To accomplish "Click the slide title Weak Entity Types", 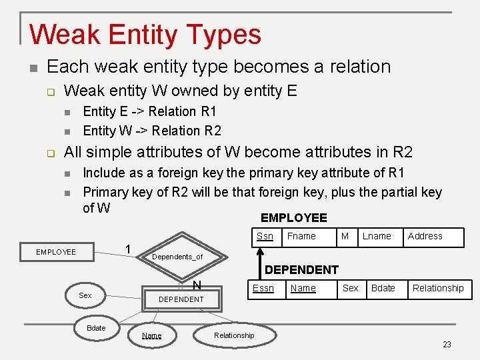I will pyautogui.click(x=145, y=34).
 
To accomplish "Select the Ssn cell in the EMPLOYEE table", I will pyautogui.click(x=265, y=237).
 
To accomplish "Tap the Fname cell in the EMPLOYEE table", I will pyautogui.click(x=301, y=237).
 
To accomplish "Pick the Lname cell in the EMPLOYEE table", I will pyautogui.click(x=377, y=237).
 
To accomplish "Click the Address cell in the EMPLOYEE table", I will pyautogui.click(x=425, y=237).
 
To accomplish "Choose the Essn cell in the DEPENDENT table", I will pyautogui.click(x=263, y=289).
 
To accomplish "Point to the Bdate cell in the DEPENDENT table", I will pyautogui.click(x=383, y=289).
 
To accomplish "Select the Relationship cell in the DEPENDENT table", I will pyautogui.click(x=438, y=289).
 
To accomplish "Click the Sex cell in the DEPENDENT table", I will pyautogui.click(x=350, y=289).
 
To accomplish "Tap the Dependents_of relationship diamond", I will pyautogui.click(x=177, y=256).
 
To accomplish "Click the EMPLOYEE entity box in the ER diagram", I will pyautogui.click(x=56, y=252).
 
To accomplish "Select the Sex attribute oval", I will pyautogui.click(x=85, y=295).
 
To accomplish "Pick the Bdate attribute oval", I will pyautogui.click(x=96, y=328).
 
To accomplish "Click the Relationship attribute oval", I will pyautogui.click(x=234, y=335).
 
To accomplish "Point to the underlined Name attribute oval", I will pyautogui.click(x=152, y=335).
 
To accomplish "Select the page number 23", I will pyautogui.click(x=447, y=345).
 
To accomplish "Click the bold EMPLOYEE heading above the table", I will pyautogui.click(x=293, y=218).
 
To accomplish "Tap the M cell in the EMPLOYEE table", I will pyautogui.click(x=345, y=237).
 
